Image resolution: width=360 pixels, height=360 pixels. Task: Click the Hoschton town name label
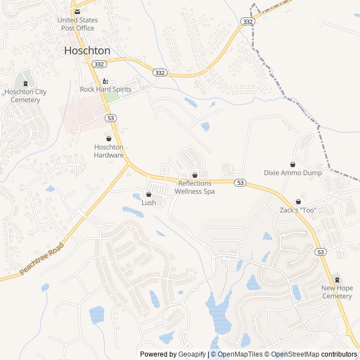(87, 50)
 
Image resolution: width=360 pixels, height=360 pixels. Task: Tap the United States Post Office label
(77, 24)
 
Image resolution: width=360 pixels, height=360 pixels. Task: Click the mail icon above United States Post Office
(78, 11)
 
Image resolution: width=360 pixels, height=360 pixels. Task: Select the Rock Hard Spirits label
(106, 89)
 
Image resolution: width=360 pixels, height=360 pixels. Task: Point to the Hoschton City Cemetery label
(25, 96)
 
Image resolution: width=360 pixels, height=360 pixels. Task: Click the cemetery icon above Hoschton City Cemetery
(25, 83)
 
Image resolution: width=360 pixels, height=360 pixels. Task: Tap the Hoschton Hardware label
(109, 151)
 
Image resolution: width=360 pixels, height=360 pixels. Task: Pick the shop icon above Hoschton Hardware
(109, 138)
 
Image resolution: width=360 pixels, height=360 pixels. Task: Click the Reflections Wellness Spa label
(195, 187)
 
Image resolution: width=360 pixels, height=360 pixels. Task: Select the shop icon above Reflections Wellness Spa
(195, 175)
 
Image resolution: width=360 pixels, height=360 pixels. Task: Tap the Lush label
(148, 202)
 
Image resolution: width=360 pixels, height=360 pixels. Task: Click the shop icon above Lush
(148, 194)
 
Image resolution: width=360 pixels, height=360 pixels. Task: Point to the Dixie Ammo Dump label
(293, 173)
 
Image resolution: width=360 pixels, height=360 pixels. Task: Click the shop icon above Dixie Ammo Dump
(293, 164)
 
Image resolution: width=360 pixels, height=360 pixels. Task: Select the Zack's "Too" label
(298, 210)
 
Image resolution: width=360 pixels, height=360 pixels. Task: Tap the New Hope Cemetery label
(337, 292)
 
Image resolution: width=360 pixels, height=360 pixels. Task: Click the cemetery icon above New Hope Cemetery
(337, 280)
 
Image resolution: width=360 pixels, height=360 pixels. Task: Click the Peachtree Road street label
(43, 258)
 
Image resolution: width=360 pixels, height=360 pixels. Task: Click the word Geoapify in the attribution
(192, 354)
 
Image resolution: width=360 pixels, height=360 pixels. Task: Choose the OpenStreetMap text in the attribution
(296, 354)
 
